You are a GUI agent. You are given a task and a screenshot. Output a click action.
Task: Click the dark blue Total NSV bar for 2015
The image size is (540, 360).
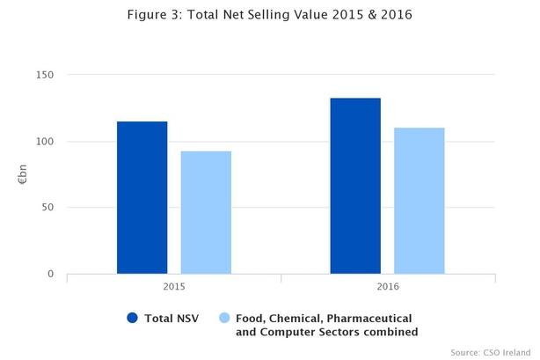142,197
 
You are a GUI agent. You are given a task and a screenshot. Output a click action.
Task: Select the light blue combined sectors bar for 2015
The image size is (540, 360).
206,212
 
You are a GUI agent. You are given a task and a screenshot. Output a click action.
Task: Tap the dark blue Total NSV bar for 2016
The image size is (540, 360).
355,186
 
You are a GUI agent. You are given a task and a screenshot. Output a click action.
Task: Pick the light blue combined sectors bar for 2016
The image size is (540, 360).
419,201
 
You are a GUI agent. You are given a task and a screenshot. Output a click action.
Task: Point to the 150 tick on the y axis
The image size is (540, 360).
44,75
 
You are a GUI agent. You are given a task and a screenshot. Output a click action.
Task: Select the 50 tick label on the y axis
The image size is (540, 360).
47,208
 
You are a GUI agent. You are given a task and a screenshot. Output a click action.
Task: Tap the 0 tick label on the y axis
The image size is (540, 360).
50,275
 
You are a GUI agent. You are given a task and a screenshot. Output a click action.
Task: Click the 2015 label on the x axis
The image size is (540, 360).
174,287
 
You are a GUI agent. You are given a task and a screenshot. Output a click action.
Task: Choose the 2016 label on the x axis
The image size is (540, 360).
387,287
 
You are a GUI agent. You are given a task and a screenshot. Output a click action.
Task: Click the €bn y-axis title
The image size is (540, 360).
23,174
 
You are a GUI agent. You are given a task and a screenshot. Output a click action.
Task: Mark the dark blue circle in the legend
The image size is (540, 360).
133,318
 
